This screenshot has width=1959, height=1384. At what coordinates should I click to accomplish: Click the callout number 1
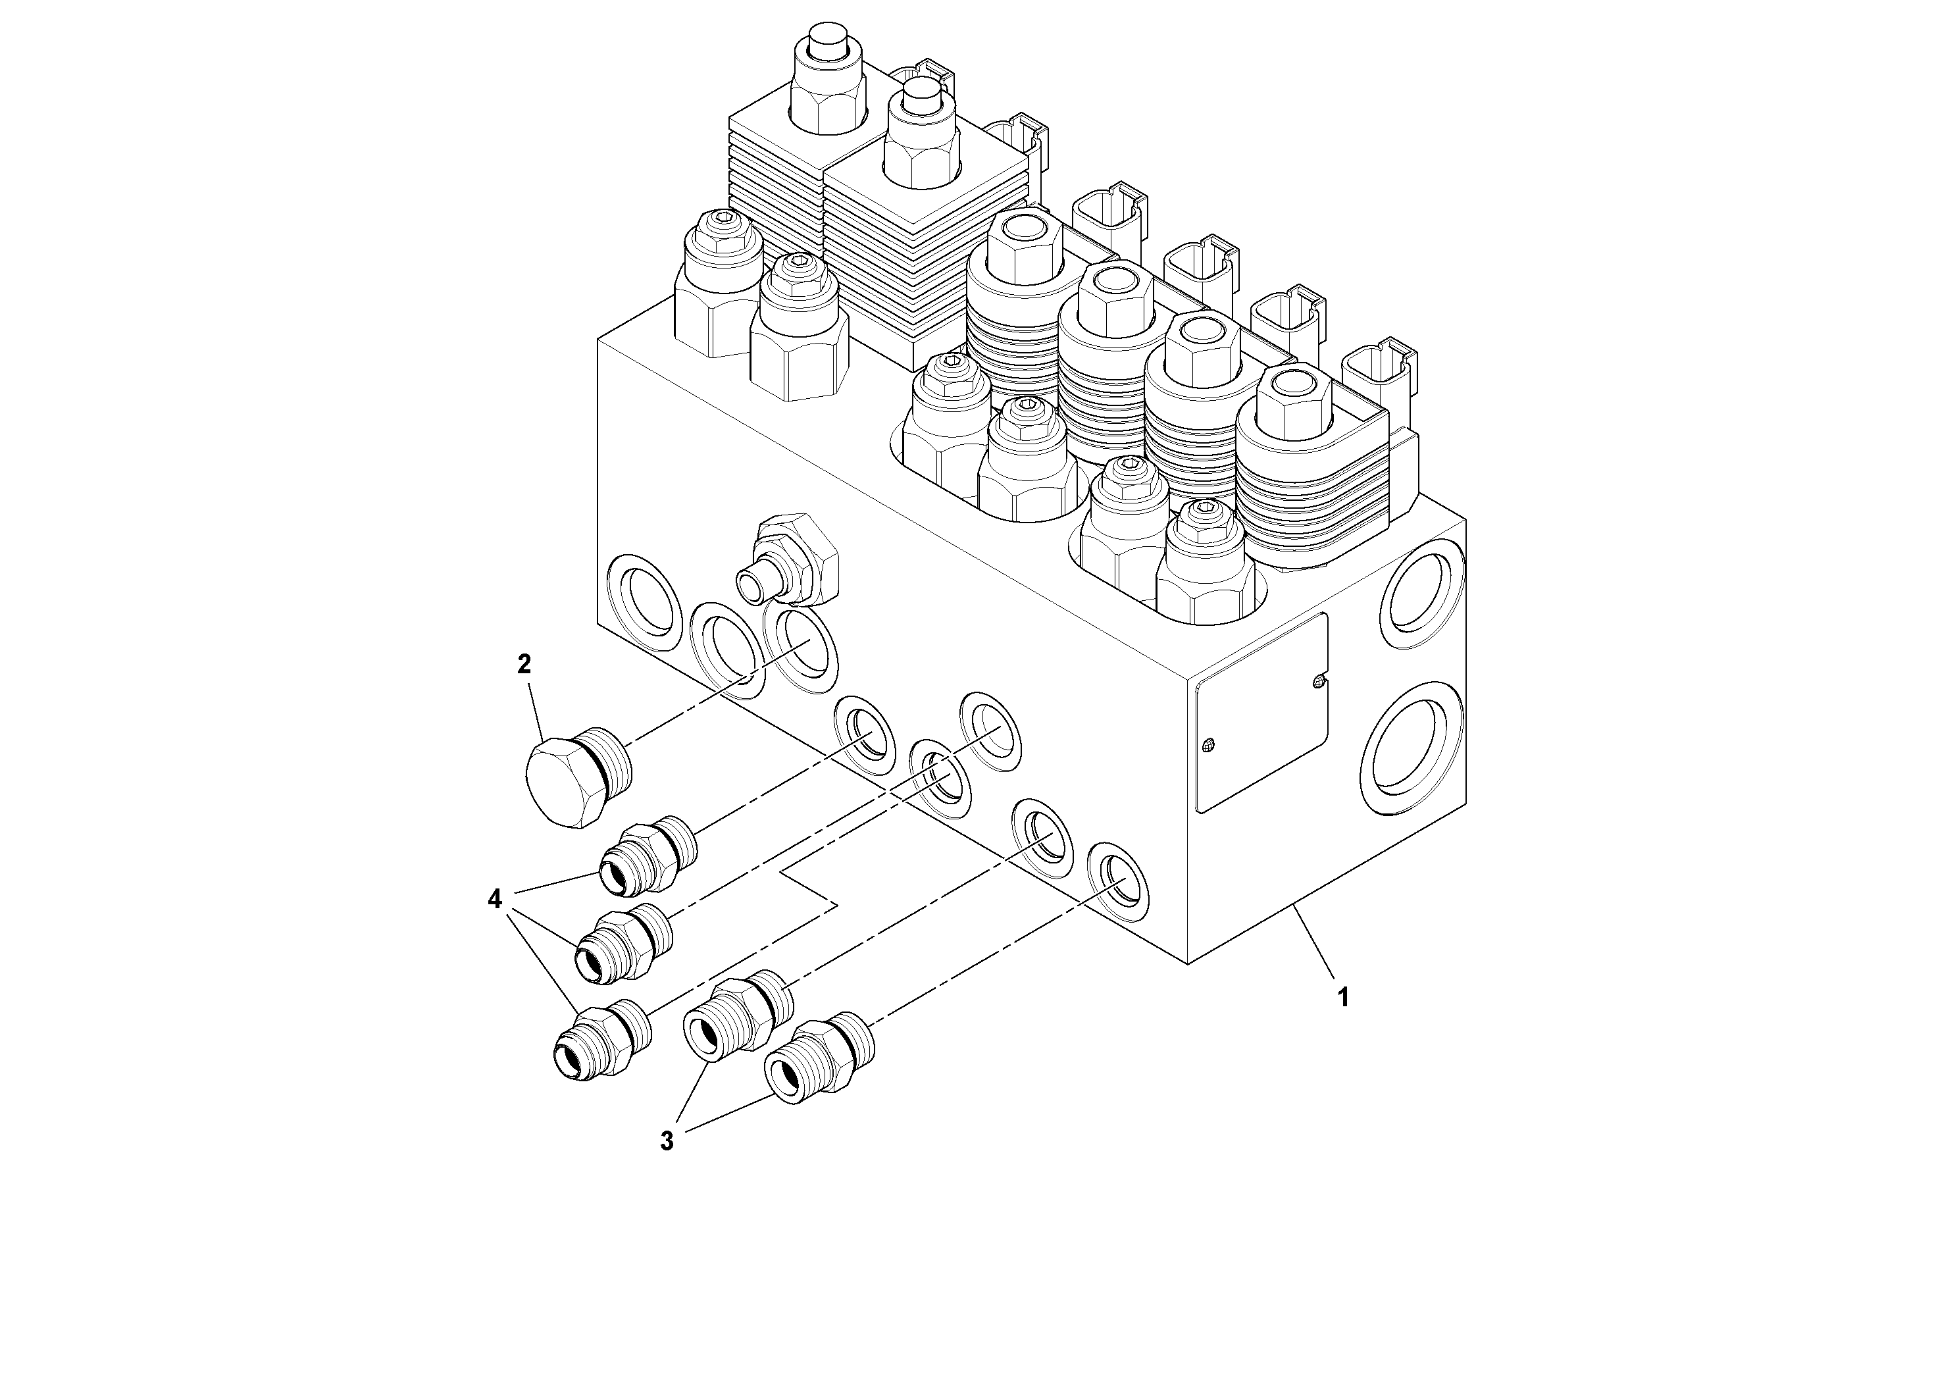(x=1342, y=996)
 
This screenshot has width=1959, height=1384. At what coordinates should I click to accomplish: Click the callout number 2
(x=524, y=664)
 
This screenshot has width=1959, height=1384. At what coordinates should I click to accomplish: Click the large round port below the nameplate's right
(x=1413, y=749)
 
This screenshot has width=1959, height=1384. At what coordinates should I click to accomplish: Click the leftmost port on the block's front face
(x=644, y=596)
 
